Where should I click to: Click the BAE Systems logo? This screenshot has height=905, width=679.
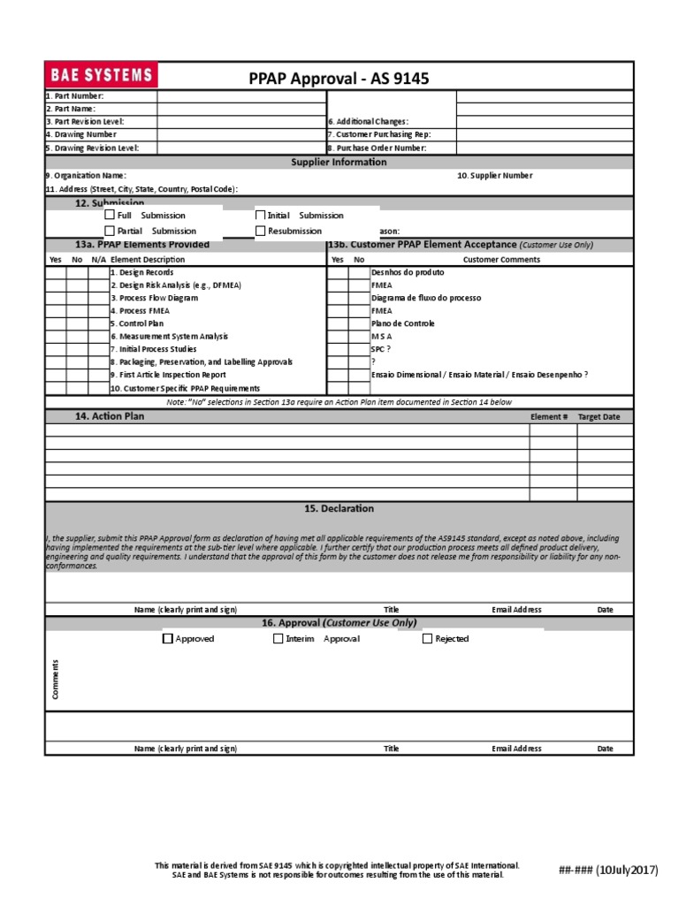tap(101, 75)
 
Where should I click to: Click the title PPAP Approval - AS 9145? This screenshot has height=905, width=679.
tap(339, 79)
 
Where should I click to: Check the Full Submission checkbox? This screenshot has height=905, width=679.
tap(110, 215)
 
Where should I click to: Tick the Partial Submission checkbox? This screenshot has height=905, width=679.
tap(110, 231)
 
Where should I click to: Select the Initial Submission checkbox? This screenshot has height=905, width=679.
tap(260, 215)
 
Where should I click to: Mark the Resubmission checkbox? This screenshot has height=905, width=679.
tap(260, 231)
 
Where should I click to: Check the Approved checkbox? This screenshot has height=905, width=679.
tap(168, 638)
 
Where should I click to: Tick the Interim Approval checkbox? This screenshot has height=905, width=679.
tap(278, 638)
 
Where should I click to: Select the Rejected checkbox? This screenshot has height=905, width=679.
tap(428, 638)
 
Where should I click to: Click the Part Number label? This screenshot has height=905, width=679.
tap(75, 95)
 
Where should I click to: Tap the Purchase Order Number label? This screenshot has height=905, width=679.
tap(378, 148)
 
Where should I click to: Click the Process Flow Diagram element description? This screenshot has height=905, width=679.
tap(154, 299)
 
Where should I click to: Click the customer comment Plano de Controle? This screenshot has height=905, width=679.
tap(403, 323)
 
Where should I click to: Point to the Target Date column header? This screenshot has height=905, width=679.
tap(599, 417)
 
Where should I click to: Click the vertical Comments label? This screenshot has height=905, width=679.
tap(55, 680)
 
